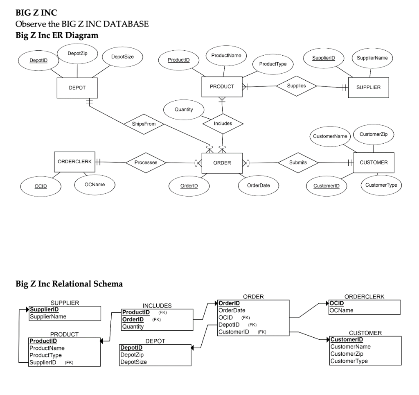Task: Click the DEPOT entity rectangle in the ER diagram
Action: (x=77, y=88)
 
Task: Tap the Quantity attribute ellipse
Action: (x=183, y=110)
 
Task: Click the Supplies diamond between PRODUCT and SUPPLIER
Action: (x=296, y=86)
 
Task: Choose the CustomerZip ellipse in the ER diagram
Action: (x=373, y=134)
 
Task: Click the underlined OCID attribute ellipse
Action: (x=41, y=186)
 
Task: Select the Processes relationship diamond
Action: (x=146, y=163)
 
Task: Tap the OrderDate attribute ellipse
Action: (x=259, y=185)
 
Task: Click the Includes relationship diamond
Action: (x=223, y=123)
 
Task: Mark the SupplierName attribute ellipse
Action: (x=372, y=58)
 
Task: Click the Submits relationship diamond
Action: (x=298, y=163)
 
